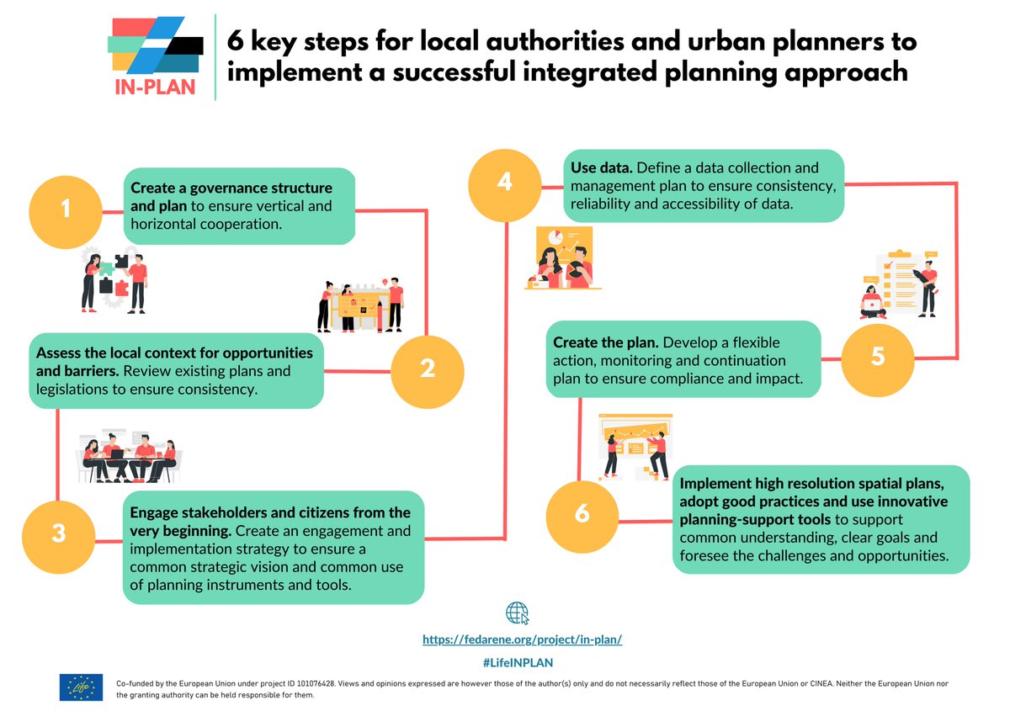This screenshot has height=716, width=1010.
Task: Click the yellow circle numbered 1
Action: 66,210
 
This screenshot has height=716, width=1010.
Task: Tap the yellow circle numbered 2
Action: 427,369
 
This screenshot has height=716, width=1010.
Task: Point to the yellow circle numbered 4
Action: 504,183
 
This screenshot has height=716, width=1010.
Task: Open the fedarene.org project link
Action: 522,639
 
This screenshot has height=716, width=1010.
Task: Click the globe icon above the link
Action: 518,613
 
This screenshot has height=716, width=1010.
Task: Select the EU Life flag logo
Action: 81,687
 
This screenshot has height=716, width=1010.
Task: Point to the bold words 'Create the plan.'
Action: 605,343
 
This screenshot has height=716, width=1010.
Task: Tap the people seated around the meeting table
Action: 130,459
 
